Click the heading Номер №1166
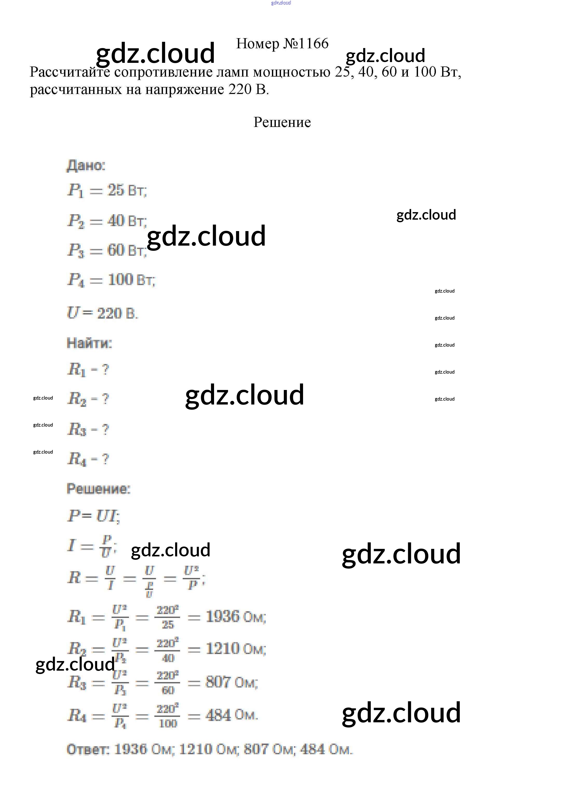click(x=282, y=44)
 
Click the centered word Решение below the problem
click(x=282, y=122)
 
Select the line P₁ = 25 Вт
click(x=107, y=190)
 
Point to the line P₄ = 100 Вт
click(x=111, y=280)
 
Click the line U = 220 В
click(x=102, y=313)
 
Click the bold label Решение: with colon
click(x=98, y=489)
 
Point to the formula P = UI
click(x=93, y=516)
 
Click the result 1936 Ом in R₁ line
click(x=236, y=617)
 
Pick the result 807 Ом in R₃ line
click(x=231, y=682)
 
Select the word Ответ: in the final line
click(x=88, y=749)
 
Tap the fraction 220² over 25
click(x=168, y=617)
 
